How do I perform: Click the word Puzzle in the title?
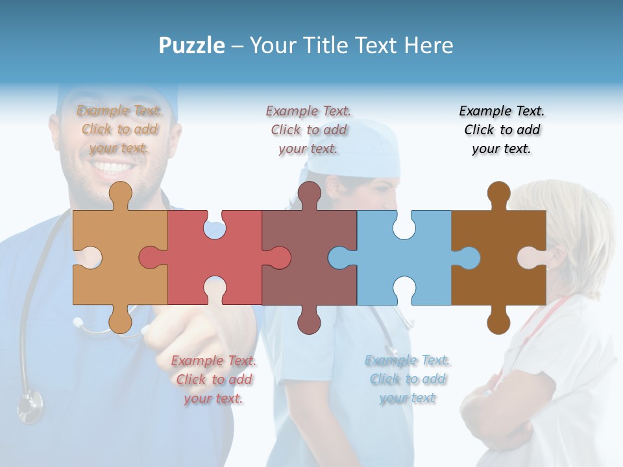click(191, 45)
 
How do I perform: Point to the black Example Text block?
click(502, 130)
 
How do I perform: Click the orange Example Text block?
click(119, 129)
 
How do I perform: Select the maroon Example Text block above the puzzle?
click(308, 130)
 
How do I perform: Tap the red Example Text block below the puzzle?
click(214, 379)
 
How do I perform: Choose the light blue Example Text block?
click(407, 379)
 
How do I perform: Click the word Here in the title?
click(428, 45)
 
